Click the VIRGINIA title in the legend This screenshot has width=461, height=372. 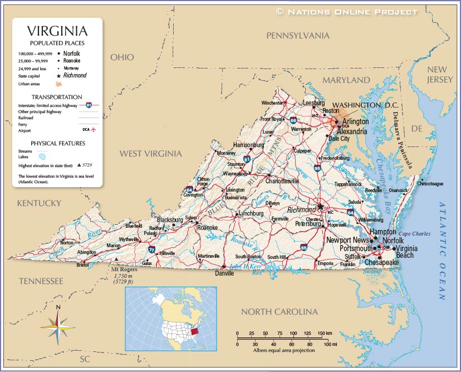(57, 31)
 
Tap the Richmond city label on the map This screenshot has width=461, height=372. (301, 210)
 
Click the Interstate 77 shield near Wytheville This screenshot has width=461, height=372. (151, 250)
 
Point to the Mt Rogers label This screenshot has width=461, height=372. (118, 270)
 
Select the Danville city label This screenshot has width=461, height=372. (224, 273)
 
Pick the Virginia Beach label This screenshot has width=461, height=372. (405, 251)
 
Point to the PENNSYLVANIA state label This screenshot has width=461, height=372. (298, 36)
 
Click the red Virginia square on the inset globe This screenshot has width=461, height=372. (194, 332)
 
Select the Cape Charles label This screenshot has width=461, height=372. (414, 234)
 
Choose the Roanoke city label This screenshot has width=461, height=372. (207, 228)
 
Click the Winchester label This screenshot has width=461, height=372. (272, 103)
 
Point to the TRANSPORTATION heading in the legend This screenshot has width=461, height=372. (57, 97)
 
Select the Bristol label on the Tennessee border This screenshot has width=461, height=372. (82, 265)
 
